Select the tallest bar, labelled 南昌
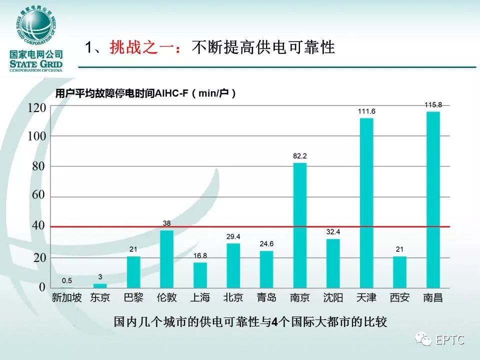pyautogui.click(x=432, y=200)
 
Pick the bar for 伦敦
pyautogui.click(x=166, y=259)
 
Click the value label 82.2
pyautogui.click(x=299, y=156)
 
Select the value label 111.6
pyautogui.click(x=366, y=111)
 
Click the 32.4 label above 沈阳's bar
pyautogui.click(x=333, y=232)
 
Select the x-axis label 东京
pyautogui.click(x=100, y=298)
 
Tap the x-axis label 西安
pyautogui.click(x=399, y=298)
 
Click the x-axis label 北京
pyautogui.click(x=233, y=298)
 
